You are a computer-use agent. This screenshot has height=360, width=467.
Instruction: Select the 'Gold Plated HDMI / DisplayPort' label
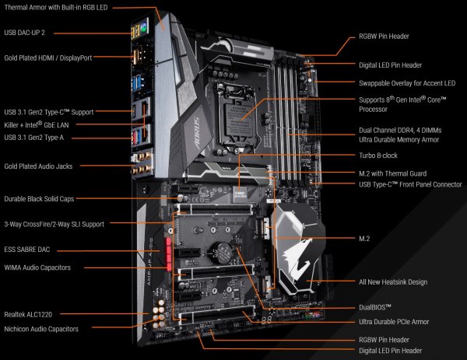click(56, 57)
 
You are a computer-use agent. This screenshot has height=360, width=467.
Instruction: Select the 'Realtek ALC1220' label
click(32, 313)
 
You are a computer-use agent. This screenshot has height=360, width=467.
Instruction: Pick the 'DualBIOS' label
click(375, 307)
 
